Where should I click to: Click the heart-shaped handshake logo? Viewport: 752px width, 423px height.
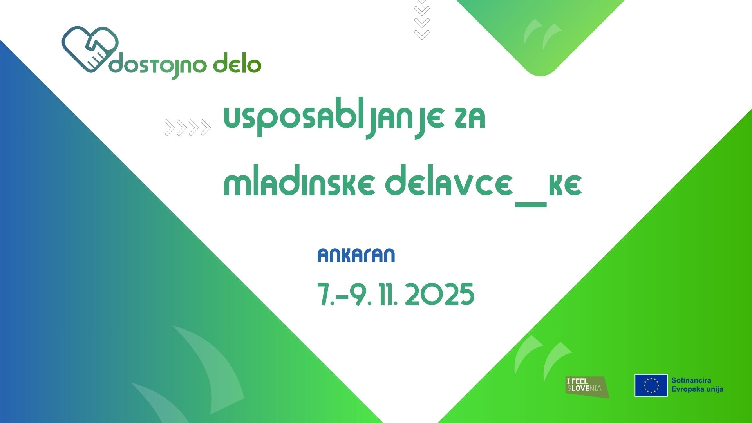tap(90, 49)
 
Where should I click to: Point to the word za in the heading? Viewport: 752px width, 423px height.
tap(470, 118)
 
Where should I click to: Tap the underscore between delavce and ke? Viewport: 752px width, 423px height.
tap(531, 204)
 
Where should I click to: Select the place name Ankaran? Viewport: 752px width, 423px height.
tap(356, 255)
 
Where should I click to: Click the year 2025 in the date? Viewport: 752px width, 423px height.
tap(439, 295)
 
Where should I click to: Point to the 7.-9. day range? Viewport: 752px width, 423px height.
tap(344, 295)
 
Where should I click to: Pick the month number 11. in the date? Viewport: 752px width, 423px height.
tap(388, 295)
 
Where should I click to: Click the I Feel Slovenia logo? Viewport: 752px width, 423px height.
tap(587, 387)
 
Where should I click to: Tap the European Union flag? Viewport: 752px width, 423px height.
tap(651, 385)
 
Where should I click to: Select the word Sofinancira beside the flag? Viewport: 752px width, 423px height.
tap(691, 380)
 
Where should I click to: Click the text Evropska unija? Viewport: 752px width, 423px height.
tap(697, 389)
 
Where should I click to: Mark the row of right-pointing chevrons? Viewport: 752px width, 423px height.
tap(188, 128)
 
